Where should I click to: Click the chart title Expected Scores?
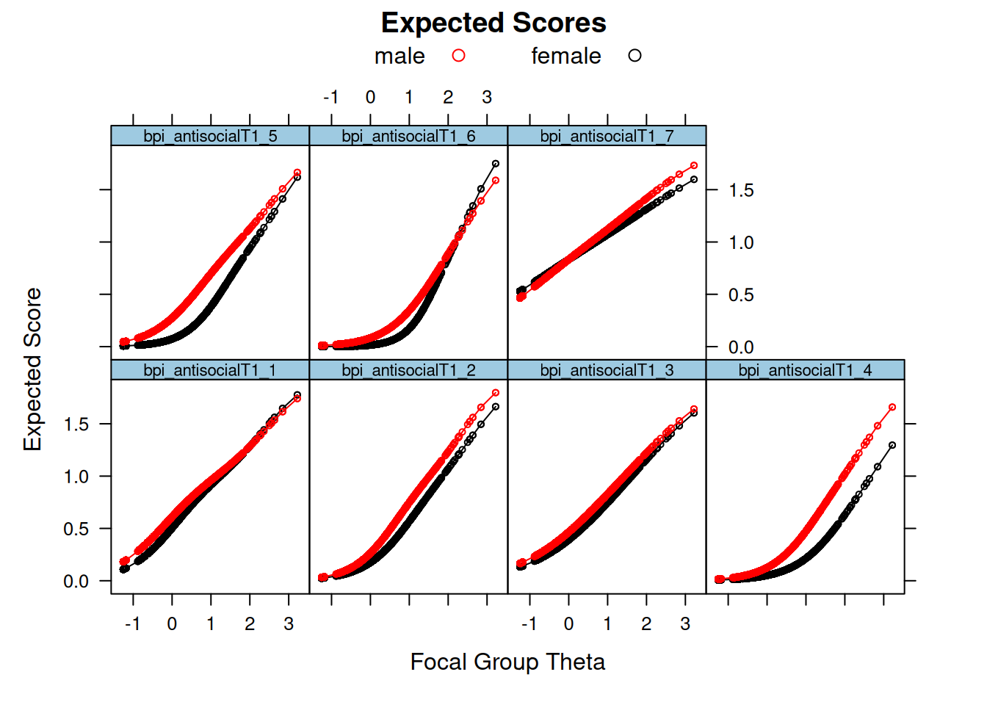click(493, 23)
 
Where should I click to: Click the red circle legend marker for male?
click(459, 56)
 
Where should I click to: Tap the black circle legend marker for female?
click(634, 56)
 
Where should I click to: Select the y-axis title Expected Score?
click(32, 369)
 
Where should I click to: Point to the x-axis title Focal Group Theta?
click(507, 662)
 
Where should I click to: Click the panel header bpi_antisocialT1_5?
click(210, 136)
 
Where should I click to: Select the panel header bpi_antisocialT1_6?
click(408, 136)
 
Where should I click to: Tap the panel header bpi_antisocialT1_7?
click(607, 136)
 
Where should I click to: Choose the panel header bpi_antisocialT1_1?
click(210, 370)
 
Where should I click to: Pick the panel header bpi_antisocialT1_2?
click(408, 370)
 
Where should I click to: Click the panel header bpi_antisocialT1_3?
click(607, 370)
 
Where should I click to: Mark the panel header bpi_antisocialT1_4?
click(805, 370)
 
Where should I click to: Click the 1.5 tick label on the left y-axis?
click(76, 424)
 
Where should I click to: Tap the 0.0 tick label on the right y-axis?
click(741, 347)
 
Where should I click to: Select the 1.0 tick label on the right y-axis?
click(741, 243)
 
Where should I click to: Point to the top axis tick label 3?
click(487, 98)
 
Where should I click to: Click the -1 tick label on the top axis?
click(331, 98)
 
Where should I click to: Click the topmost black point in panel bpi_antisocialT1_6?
click(496, 164)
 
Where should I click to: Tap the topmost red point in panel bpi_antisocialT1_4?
click(892, 407)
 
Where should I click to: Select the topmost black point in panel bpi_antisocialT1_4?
click(892, 445)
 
